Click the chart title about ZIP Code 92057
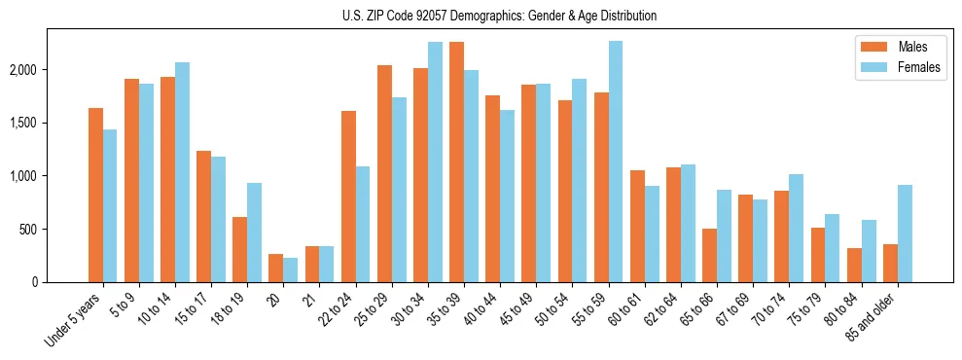500,16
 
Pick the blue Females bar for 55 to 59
615,162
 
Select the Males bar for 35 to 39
456,162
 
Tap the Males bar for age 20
275,269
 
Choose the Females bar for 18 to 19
254,233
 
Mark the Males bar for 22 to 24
348,197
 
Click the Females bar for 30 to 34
435,162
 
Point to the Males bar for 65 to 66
709,256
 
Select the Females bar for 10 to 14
182,172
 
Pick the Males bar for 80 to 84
853,266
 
